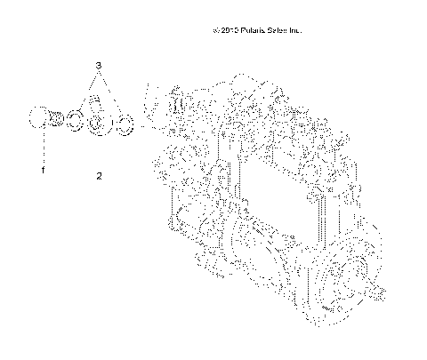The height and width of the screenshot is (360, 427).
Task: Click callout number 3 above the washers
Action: [99, 66]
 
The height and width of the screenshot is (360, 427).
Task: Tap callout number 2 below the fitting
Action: [99, 176]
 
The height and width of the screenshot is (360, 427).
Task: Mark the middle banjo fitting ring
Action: [99, 124]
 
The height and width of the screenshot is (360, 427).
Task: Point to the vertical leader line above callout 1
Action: [40, 147]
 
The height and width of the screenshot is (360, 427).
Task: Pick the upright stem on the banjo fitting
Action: [99, 105]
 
